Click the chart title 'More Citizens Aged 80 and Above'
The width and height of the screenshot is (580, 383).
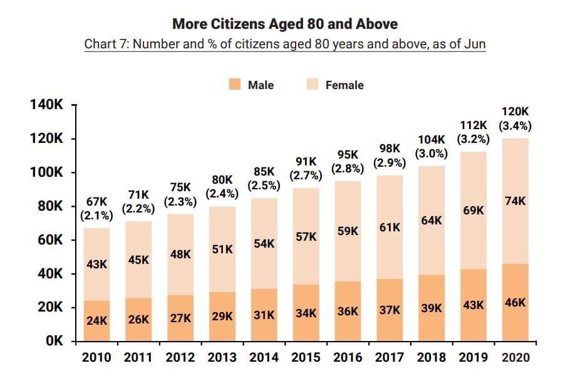click(285, 24)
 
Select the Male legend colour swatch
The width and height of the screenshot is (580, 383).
click(235, 85)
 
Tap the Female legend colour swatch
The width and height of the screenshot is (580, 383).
click(312, 85)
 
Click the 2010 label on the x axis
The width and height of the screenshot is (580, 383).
click(96, 357)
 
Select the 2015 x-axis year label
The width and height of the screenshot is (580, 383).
click(306, 357)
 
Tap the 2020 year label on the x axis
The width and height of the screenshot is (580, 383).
click(515, 357)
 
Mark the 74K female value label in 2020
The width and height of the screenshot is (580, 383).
click(515, 201)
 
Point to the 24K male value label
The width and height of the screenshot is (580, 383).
click(96, 320)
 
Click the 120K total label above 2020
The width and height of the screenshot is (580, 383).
click(515, 112)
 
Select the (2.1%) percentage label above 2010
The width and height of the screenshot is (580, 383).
click(96, 216)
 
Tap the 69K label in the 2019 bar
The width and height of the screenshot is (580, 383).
click(473, 211)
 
